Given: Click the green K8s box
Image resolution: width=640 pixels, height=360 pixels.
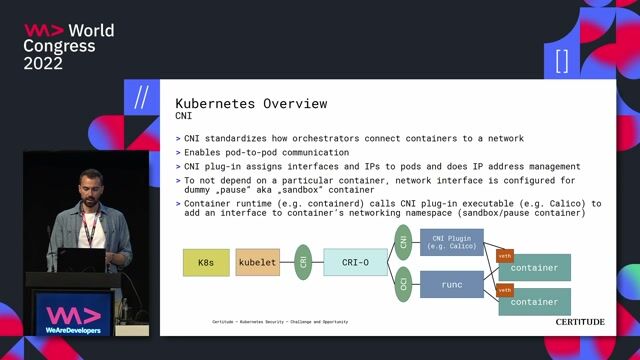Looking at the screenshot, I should pos(206,263).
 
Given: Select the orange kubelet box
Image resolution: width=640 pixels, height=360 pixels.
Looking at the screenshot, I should pos(258,263).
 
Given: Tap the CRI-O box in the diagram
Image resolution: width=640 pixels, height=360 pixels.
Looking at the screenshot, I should pos(355,263).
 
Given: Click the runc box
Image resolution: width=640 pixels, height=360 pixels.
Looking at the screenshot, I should pos(451,285).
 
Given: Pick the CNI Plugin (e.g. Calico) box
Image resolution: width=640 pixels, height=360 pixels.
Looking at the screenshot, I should pos(451,242).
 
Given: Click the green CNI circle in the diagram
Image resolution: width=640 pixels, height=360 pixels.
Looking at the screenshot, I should pos(404,240).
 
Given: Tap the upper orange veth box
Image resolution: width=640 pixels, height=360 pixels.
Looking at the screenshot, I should pos(505,255).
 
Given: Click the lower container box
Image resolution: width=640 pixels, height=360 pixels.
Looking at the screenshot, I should pos(535,302).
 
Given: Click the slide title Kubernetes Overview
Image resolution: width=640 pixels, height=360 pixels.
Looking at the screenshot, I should pos(251,104).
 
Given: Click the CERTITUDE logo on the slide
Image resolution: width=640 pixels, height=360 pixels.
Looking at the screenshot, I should pos(580,322).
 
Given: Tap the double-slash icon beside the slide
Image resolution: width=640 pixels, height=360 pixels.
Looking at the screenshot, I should pos(141,98).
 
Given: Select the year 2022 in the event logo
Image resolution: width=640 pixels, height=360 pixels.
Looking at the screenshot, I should pos(43,63).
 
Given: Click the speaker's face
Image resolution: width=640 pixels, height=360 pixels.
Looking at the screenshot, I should pos(90,190).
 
